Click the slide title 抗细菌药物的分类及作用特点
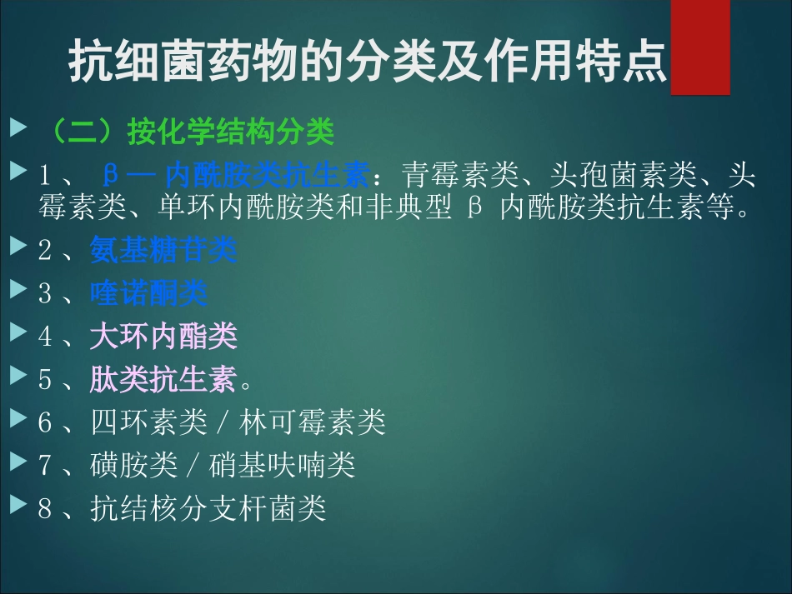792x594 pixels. [368, 60]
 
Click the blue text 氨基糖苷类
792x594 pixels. [164, 250]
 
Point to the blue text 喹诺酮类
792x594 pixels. [149, 293]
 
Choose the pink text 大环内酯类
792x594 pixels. [164, 337]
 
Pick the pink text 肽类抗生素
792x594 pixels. [164, 380]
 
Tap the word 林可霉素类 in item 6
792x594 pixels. [313, 423]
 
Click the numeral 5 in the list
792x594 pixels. [45, 381]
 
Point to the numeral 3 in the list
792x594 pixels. [45, 294]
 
